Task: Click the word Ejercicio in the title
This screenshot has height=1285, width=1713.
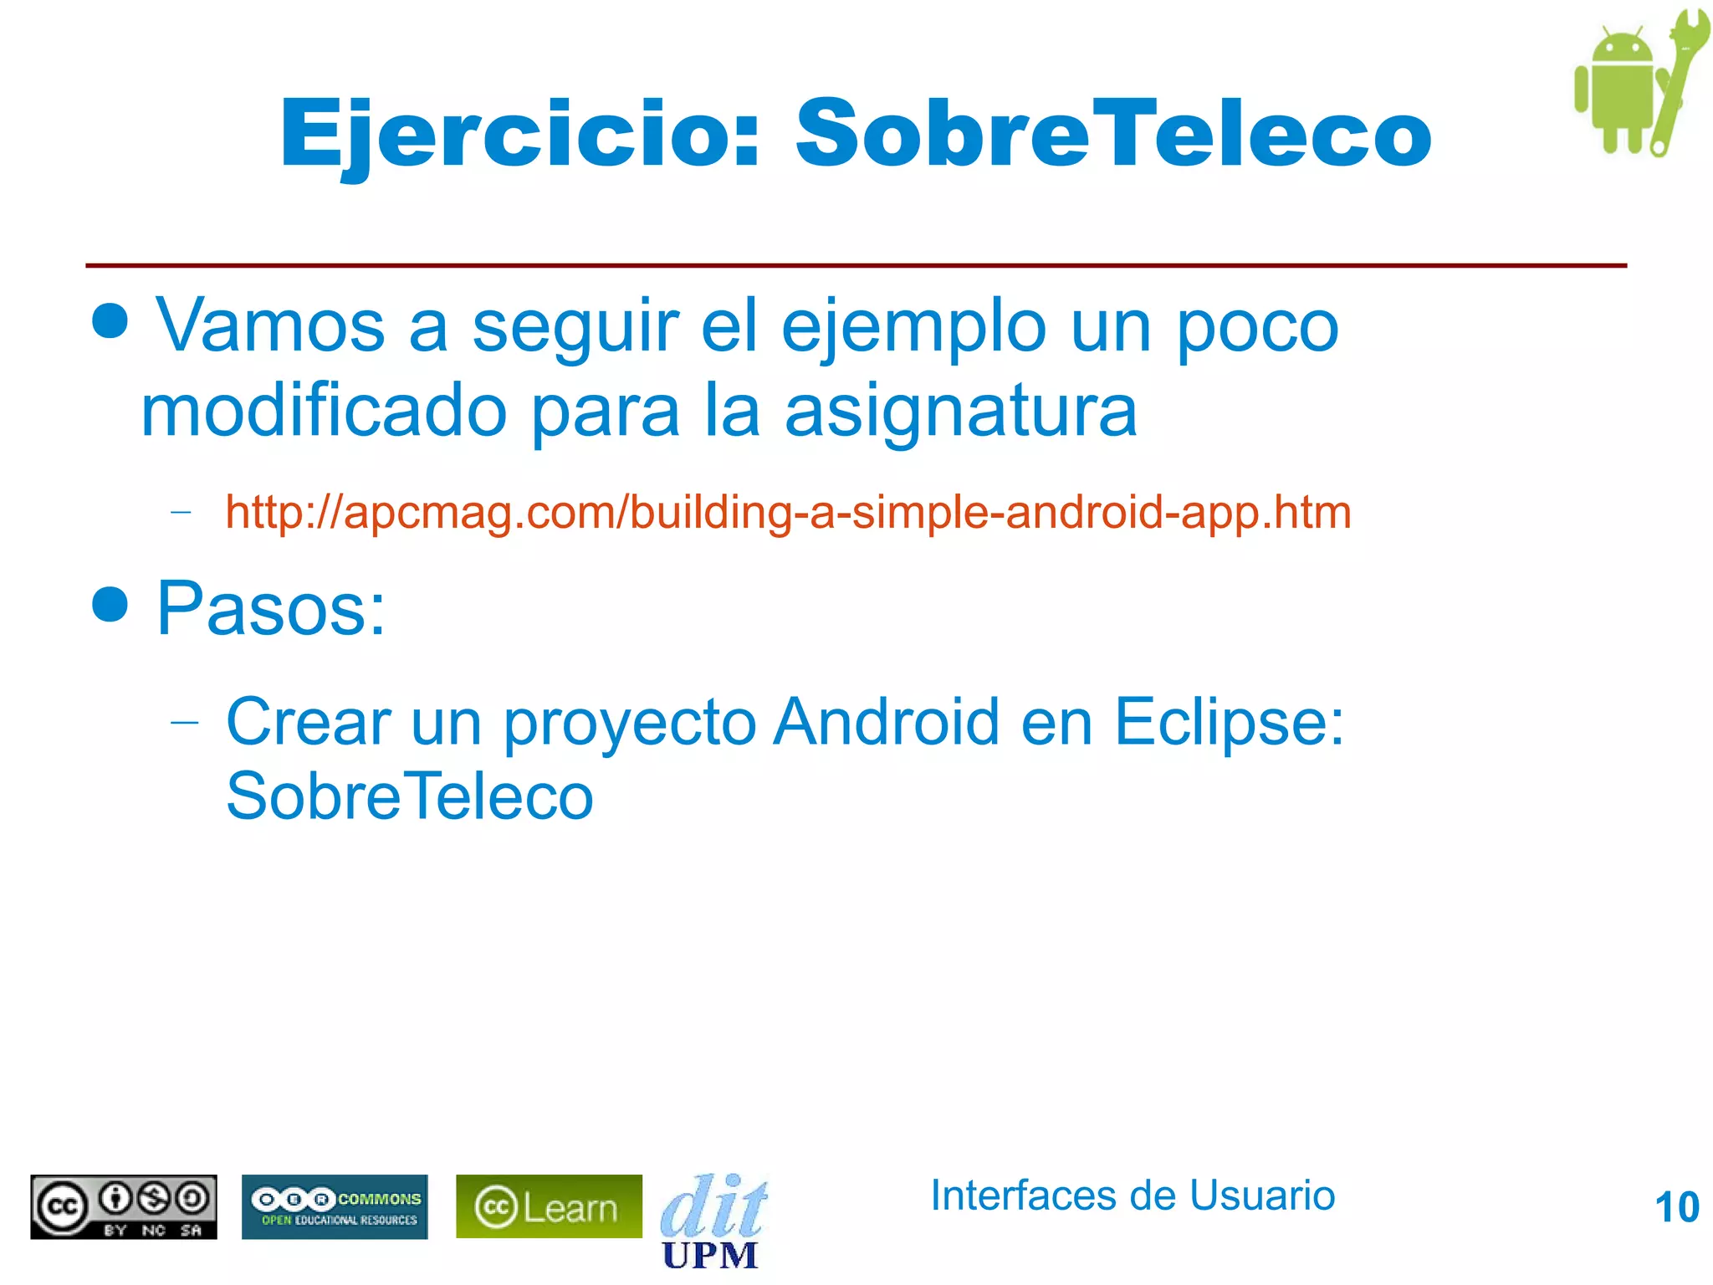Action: pos(519,134)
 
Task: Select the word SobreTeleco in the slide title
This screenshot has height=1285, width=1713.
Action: pos(1112,134)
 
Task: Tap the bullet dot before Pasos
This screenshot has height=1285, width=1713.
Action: pos(110,604)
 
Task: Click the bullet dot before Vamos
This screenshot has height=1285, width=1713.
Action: pos(110,320)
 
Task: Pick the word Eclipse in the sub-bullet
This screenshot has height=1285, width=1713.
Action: pos(1228,721)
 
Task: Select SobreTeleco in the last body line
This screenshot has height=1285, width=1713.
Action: pos(410,796)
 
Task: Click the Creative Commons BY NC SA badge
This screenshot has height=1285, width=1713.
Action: pos(124,1206)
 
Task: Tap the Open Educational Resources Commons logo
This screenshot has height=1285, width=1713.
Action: pos(335,1206)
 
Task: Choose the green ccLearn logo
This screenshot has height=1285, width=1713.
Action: pos(549,1206)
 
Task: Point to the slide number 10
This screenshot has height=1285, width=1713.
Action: pos(1676,1207)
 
